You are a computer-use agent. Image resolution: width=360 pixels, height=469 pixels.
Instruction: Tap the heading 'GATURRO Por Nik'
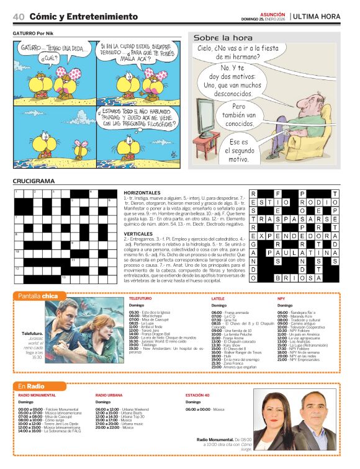pos(35,33)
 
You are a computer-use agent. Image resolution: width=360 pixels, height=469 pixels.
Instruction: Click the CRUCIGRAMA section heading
pos(34,181)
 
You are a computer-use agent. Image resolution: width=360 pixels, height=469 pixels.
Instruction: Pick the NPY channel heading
pos(281,298)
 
